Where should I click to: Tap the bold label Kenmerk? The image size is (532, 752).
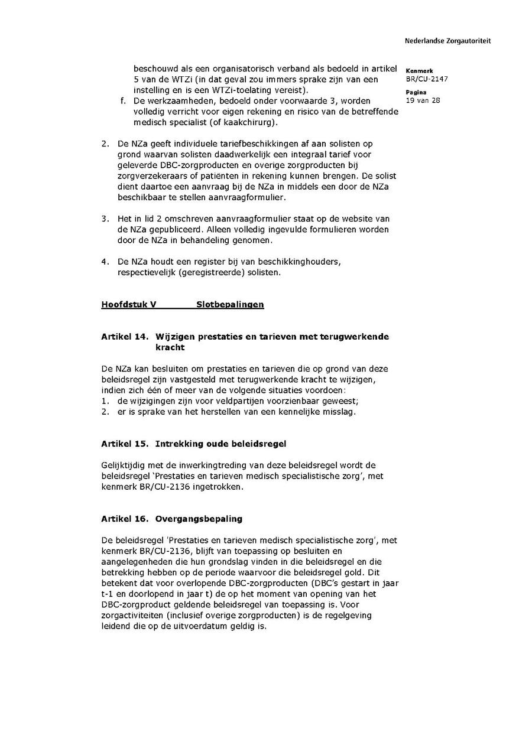coord(419,71)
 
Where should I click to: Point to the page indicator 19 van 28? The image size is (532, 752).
coord(423,100)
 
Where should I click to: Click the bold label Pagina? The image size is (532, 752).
coord(416,93)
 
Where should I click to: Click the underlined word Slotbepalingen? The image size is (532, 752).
coord(230,305)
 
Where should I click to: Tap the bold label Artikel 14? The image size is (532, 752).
coord(125,337)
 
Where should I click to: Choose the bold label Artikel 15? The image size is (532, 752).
coord(125,444)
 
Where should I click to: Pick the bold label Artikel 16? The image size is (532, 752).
coord(125,519)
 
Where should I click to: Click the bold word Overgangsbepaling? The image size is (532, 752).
coord(199,519)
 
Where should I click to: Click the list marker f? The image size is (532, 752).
coord(123,101)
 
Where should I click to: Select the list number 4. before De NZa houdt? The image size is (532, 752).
coord(105,262)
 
